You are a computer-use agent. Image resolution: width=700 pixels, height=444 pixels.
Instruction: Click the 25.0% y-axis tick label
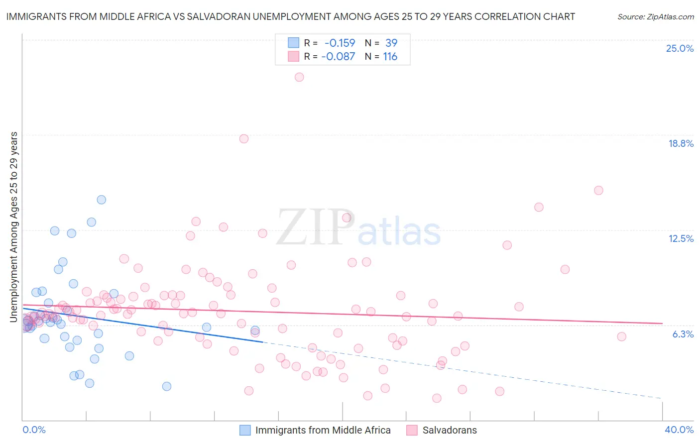coord(680,48)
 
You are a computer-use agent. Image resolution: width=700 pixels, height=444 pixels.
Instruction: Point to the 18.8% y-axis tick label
coord(681,143)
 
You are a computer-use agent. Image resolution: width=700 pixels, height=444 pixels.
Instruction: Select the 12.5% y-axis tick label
coord(681,238)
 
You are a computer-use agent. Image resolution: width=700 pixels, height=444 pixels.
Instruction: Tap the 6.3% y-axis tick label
coord(683,334)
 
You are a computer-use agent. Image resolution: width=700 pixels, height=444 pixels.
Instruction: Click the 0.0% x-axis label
coord(34,430)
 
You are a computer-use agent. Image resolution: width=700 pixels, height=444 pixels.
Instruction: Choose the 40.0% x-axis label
coord(679,430)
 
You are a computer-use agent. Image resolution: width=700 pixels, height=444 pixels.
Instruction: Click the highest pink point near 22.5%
coord(299,77)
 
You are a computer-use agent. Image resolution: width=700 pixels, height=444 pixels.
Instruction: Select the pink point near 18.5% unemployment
coord(244,139)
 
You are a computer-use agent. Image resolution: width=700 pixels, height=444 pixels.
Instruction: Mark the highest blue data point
coord(102,200)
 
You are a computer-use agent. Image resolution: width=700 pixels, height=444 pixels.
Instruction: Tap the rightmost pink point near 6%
coord(621,336)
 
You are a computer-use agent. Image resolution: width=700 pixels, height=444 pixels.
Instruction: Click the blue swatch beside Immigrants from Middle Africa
coord(245,430)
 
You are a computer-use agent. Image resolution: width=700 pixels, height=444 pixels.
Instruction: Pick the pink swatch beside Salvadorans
coord(412,430)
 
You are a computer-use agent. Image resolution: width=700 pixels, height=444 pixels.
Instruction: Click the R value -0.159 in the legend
coord(340,43)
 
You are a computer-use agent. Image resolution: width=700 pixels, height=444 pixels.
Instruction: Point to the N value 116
coord(390,57)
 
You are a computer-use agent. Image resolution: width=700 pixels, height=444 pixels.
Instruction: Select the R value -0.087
coord(338,57)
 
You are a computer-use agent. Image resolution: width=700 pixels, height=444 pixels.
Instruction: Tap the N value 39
coord(391,43)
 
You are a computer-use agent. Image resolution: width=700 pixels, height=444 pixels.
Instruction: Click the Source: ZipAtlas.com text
coord(655,17)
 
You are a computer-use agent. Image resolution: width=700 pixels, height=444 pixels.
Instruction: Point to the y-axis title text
coord(14,226)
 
